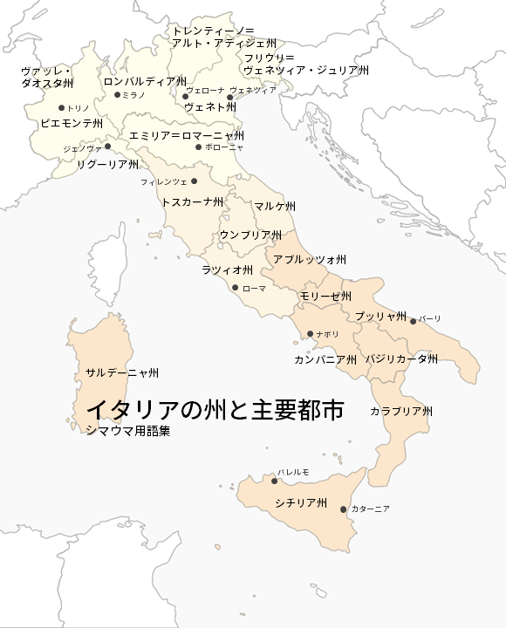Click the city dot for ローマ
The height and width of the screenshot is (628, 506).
pos(235,287)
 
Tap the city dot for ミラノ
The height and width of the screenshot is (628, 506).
pos(118,95)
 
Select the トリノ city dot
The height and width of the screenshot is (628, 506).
pos(61,108)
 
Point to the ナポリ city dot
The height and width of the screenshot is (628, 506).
pos(310,334)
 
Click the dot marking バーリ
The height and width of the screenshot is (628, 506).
pos(414,320)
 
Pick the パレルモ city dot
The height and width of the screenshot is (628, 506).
pos(272,481)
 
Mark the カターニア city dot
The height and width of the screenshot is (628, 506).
pos(344,509)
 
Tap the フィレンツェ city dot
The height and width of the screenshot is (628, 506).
pos(194,181)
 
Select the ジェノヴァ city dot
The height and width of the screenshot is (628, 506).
pos(107,147)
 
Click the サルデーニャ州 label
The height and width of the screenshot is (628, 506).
pos(122,372)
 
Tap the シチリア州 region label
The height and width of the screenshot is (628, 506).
pos(300,503)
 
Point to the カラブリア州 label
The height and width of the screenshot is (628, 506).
pos(401,411)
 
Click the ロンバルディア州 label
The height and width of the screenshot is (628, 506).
pos(145,81)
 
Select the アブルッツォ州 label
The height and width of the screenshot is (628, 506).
pos(310,260)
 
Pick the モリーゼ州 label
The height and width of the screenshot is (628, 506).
pos(325,297)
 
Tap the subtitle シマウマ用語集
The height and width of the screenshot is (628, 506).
pos(127,430)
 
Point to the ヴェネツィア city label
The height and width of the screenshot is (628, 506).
pos(253,90)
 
